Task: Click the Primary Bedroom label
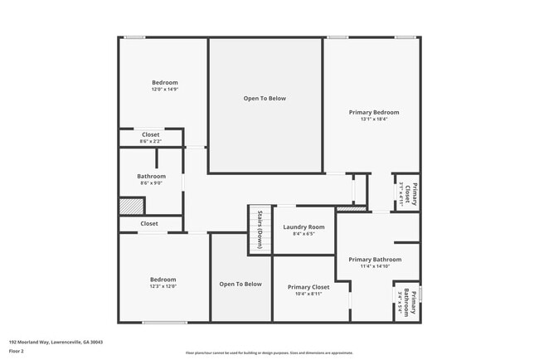click(374, 112)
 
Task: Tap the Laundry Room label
click(303, 227)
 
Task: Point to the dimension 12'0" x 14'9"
click(164, 90)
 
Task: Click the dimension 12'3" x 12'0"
click(163, 286)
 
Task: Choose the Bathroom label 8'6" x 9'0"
click(151, 176)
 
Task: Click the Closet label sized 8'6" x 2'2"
click(150, 134)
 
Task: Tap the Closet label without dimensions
click(149, 223)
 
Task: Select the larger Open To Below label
click(265, 98)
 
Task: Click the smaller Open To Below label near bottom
click(240, 284)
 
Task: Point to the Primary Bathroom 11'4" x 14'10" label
click(375, 260)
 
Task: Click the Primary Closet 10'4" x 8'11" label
click(308, 287)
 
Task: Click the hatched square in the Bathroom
click(131, 206)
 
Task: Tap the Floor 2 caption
click(17, 352)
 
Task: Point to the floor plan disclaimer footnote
click(269, 353)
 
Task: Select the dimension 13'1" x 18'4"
click(374, 119)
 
